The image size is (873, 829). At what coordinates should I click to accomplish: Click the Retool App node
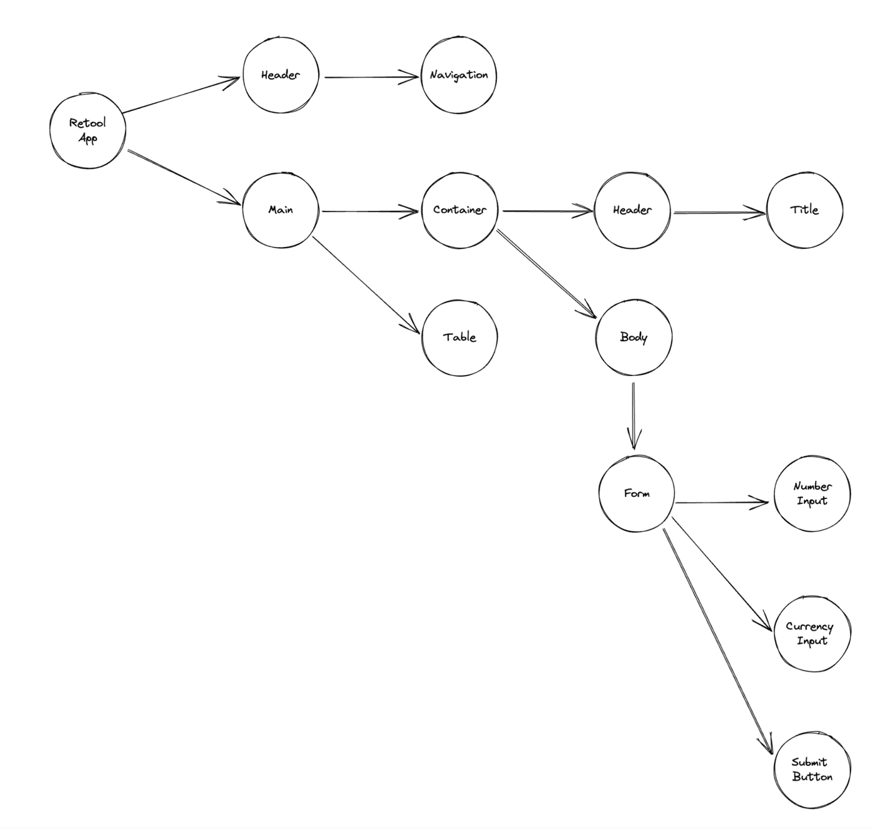[x=87, y=130]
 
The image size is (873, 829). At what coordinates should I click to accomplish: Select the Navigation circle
[x=458, y=75]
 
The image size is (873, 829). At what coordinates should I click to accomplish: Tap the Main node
[x=280, y=210]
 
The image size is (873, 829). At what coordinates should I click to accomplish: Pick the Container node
[x=460, y=210]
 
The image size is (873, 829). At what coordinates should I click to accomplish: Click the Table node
[x=460, y=337]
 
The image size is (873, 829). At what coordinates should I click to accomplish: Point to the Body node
[x=634, y=337]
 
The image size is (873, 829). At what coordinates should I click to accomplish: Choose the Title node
[x=804, y=210]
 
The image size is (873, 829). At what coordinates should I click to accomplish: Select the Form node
[x=636, y=493]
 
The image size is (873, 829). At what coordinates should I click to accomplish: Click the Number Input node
[x=812, y=493]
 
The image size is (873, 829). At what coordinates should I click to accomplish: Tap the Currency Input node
[x=812, y=634]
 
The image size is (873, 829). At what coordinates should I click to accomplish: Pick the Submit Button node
[x=812, y=770]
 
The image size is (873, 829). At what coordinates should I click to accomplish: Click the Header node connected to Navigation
[x=280, y=75]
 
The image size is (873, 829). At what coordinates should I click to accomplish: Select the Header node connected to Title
[x=632, y=210]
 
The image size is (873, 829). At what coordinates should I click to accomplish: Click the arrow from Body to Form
[x=634, y=415]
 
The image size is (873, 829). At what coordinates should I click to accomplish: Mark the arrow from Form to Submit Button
[x=717, y=639]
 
